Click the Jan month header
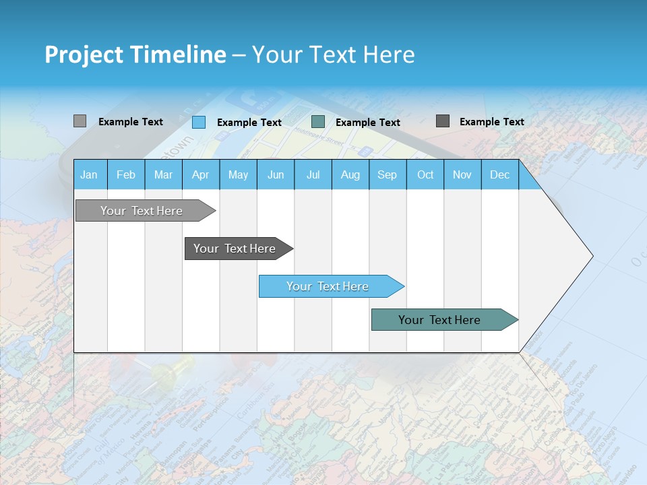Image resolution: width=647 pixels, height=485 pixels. click(x=89, y=174)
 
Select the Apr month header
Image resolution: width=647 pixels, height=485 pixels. click(x=200, y=174)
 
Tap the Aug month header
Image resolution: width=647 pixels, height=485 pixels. click(x=350, y=174)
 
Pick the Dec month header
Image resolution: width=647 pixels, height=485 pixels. click(x=499, y=174)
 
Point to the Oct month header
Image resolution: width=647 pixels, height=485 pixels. click(x=425, y=174)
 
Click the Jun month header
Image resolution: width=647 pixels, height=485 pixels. click(x=275, y=174)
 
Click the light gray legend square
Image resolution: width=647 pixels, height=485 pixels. click(x=80, y=121)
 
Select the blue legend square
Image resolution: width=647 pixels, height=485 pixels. click(x=198, y=122)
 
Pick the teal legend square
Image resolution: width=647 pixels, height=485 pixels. click(x=318, y=122)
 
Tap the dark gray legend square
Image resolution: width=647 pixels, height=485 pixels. click(x=442, y=121)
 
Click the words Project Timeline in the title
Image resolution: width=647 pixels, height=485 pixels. click(x=135, y=55)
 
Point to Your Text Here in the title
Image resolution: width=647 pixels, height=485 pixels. click(x=333, y=55)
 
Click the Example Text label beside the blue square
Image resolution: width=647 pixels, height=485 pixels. click(x=249, y=123)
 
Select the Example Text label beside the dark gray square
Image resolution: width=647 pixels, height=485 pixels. click(x=491, y=122)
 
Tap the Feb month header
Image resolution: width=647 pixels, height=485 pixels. click(x=126, y=174)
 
